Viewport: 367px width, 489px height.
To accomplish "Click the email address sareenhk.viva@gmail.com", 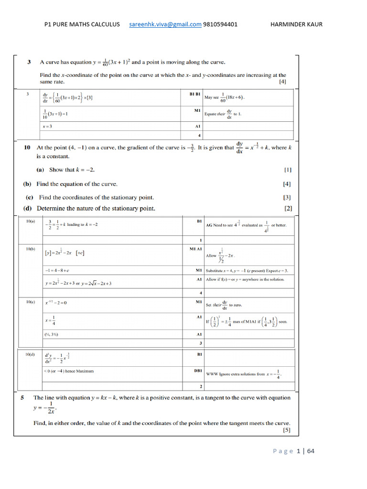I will point(165,24).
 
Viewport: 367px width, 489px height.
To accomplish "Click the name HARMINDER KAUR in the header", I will point(296,24).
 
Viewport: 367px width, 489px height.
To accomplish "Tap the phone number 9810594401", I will point(220,24).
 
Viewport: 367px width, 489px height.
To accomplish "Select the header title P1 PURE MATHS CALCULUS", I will point(82,24).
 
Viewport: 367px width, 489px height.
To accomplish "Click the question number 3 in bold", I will point(29,62).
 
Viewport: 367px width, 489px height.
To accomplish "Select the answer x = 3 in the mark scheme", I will point(47,127).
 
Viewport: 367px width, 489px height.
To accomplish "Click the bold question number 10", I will point(27,148).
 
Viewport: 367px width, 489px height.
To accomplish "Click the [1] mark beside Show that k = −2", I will point(288,170).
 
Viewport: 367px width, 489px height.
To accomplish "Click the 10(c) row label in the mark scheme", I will point(32,301).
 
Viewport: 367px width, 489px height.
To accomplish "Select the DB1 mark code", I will point(198,370).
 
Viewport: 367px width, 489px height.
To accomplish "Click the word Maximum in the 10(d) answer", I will point(84,371).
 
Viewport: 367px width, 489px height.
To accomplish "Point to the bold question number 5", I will point(22,397).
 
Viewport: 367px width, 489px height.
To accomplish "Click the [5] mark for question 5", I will point(286,430).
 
